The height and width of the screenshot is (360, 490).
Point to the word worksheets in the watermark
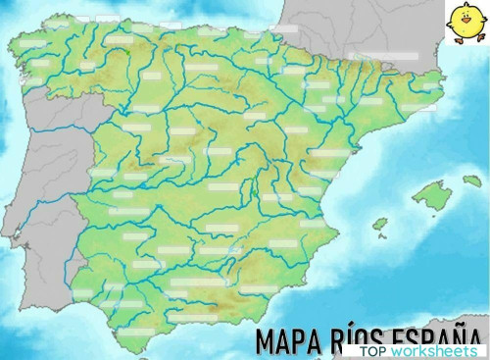coord(434,350)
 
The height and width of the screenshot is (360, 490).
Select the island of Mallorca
coord(431,195)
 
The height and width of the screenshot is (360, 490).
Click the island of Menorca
coord(471,180)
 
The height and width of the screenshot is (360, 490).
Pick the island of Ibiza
coord(379,224)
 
